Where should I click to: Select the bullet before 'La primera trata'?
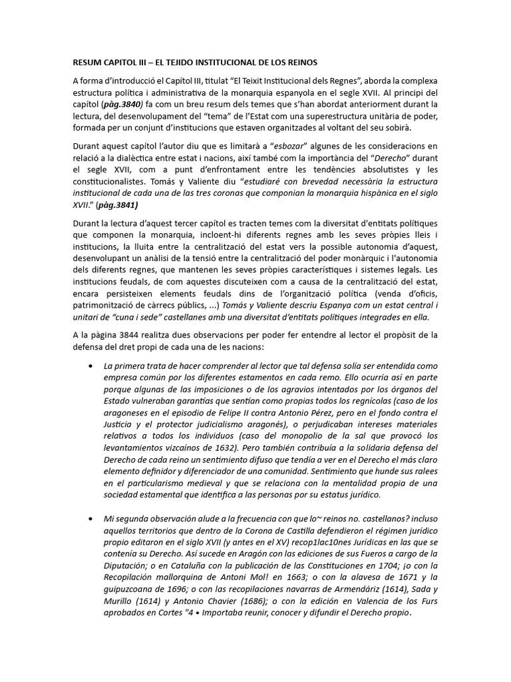pyautogui.click(x=90, y=366)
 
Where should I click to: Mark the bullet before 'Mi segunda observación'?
pyautogui.click(x=90, y=518)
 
